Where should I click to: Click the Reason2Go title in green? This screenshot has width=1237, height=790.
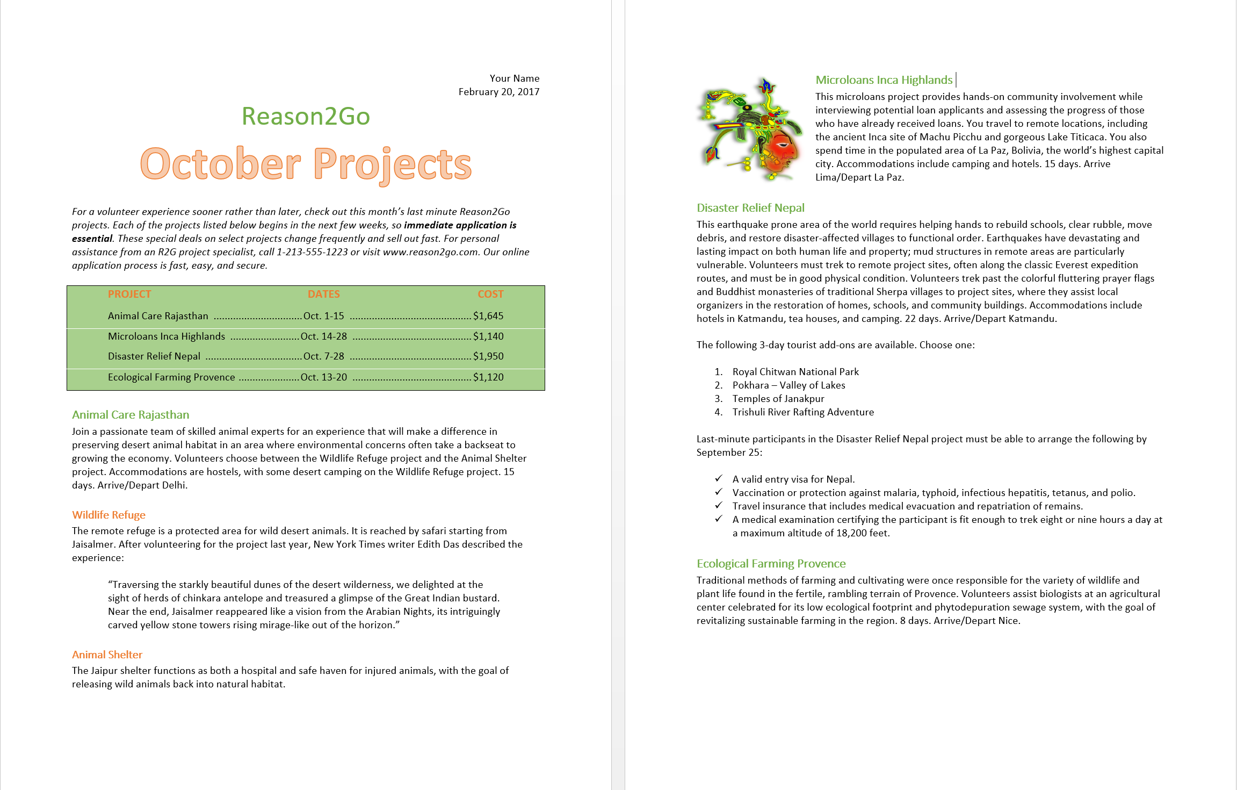coord(306,116)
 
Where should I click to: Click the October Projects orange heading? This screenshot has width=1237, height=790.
coord(306,164)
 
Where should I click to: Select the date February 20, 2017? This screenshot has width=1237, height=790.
coord(498,92)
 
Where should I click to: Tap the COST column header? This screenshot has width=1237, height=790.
coord(490,294)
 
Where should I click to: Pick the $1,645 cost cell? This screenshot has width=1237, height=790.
coord(488,316)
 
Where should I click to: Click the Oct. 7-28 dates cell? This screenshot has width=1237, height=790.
coord(323,356)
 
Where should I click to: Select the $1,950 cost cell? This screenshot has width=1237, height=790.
coord(488,356)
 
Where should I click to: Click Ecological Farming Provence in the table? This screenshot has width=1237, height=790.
coord(171,377)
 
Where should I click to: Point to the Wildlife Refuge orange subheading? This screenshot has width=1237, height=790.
coord(108,515)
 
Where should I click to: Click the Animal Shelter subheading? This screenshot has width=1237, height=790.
coord(107,655)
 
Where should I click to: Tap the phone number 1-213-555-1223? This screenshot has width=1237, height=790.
coord(312,252)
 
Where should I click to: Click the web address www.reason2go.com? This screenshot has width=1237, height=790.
coord(430,252)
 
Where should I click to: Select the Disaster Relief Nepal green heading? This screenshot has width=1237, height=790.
coord(750,208)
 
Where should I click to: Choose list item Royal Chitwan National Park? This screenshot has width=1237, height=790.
coord(795,372)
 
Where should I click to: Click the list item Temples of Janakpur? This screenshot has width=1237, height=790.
coord(778,399)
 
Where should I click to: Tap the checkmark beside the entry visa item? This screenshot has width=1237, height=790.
coord(719,478)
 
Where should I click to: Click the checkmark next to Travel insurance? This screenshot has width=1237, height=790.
coord(719,505)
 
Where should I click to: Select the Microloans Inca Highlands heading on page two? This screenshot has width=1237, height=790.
coord(884,80)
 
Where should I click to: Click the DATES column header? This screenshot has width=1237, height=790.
coord(323,294)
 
